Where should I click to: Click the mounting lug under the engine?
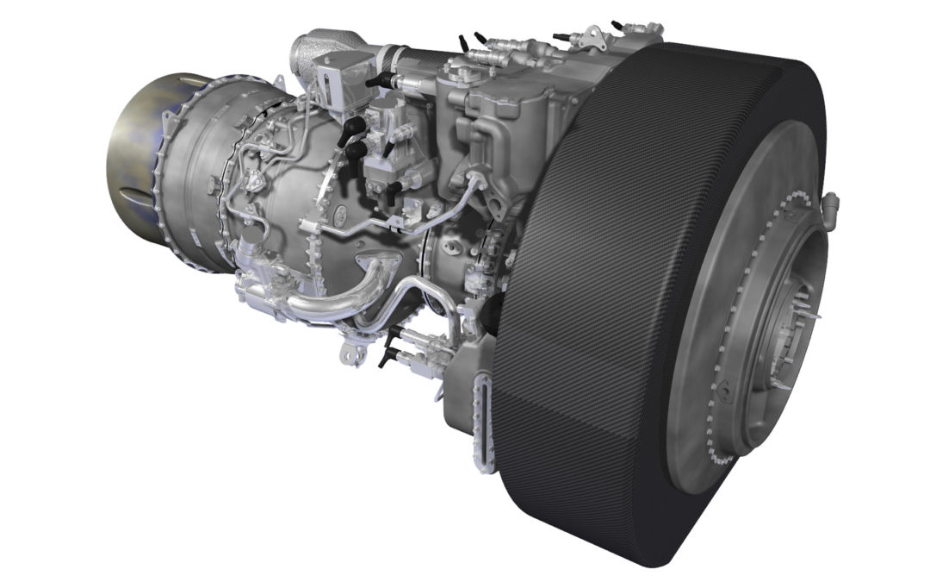pyautogui.click(x=349, y=353)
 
